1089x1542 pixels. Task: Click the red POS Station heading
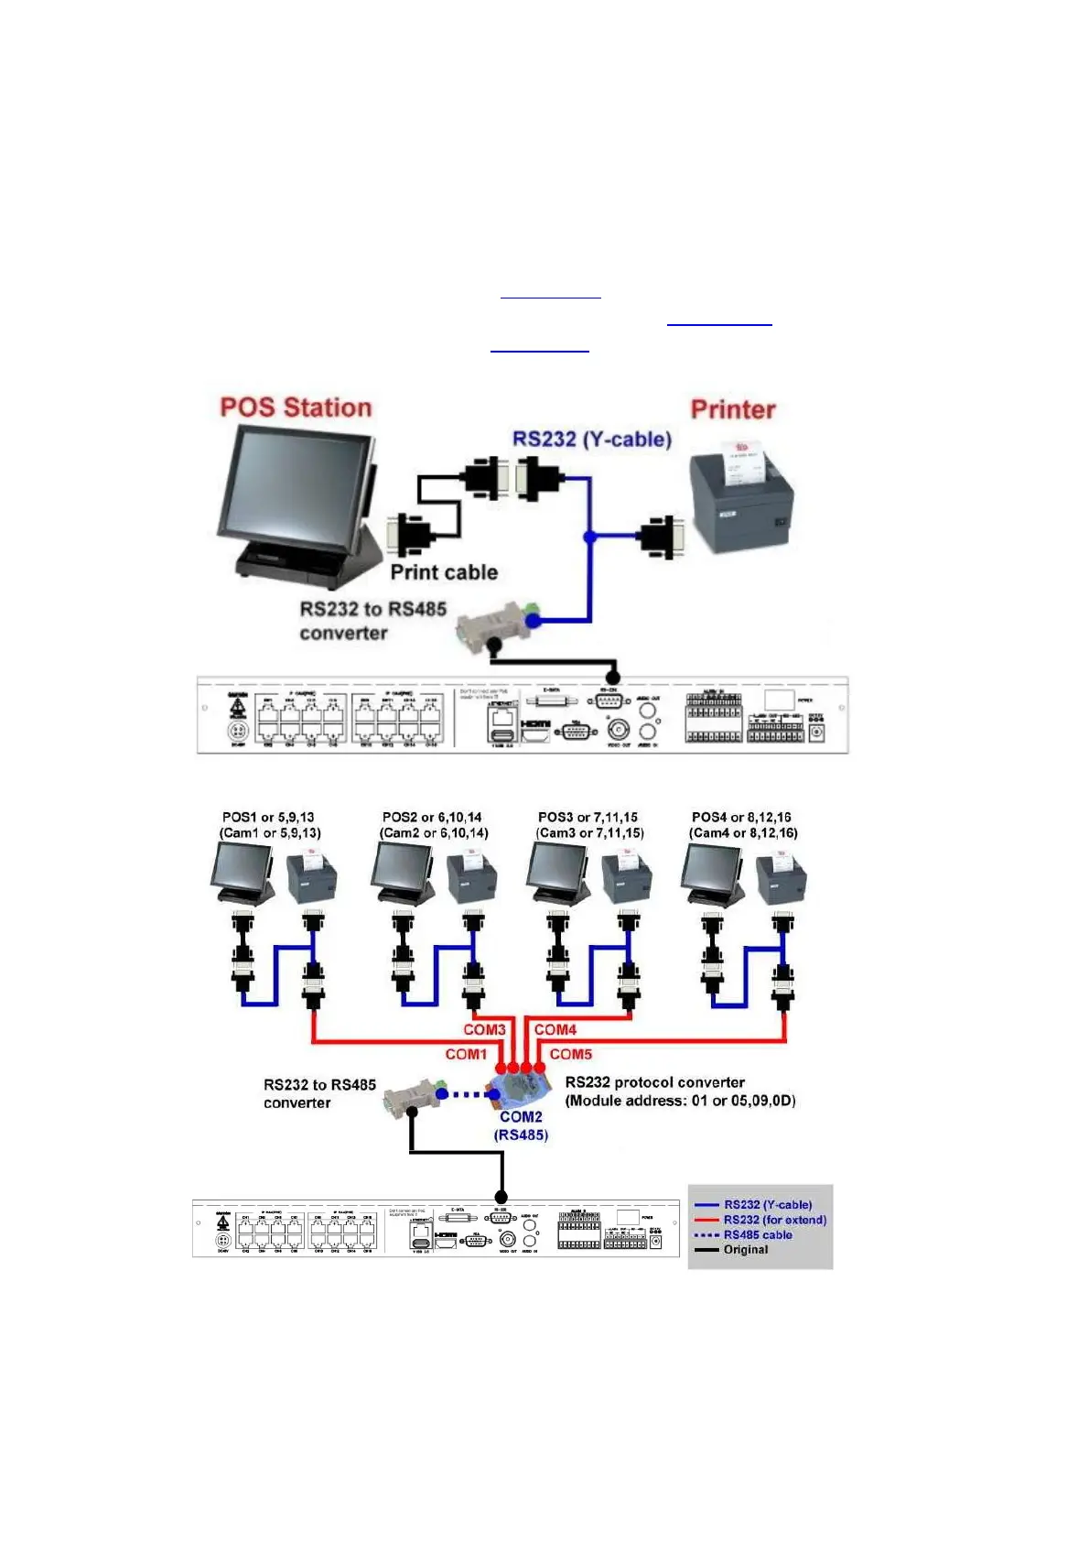(296, 407)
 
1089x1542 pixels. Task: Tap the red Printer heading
(733, 409)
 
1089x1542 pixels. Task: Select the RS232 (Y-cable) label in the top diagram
(592, 439)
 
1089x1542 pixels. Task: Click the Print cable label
(444, 572)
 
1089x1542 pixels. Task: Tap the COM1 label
(466, 1054)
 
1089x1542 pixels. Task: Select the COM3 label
(484, 1029)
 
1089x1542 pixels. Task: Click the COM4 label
(555, 1029)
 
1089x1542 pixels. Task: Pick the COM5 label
(571, 1054)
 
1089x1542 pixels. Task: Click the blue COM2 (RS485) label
(521, 1125)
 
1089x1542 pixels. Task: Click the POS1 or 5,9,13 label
(268, 817)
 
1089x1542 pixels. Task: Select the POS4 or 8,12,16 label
(741, 817)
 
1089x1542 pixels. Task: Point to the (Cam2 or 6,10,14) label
(434, 833)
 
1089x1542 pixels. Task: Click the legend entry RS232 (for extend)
(774, 1220)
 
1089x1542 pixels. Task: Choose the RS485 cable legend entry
(758, 1234)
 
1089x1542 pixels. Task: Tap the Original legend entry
(746, 1249)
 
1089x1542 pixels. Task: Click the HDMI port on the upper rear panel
(535, 730)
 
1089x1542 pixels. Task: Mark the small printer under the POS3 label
(626, 879)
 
